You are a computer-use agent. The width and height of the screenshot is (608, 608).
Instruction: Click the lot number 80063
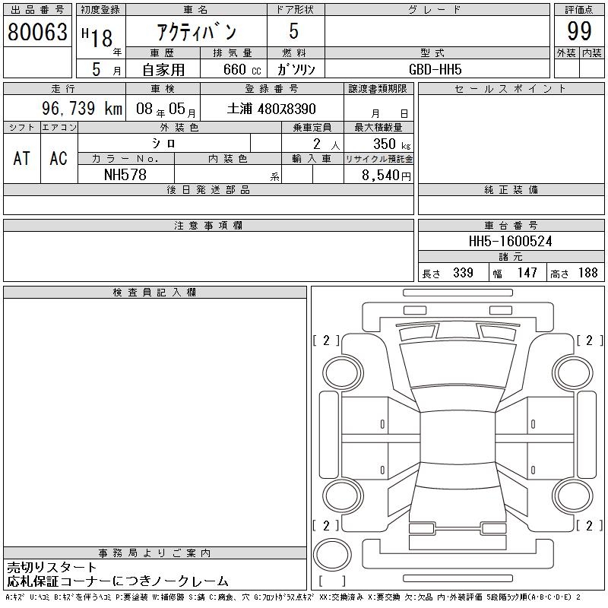(37, 31)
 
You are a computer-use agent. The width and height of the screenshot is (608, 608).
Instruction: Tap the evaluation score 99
(579, 31)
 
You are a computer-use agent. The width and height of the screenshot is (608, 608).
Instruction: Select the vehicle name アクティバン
(197, 31)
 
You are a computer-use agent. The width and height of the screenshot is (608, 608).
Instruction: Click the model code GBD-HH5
(435, 69)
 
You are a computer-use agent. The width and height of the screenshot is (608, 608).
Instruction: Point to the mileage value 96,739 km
(82, 108)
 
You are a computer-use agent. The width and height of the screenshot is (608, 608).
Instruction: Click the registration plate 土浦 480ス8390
(271, 109)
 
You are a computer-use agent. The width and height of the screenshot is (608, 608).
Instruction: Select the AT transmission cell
(22, 158)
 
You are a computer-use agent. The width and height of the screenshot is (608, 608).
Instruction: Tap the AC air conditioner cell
(59, 158)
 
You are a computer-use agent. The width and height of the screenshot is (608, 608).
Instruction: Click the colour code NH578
(125, 175)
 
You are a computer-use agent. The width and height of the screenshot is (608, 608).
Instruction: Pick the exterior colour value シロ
(163, 144)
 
